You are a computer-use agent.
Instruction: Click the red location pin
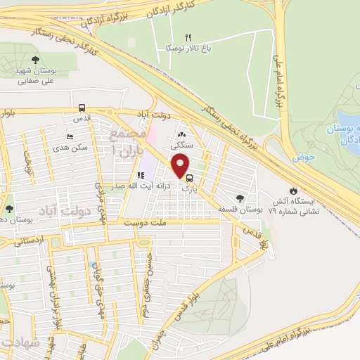point(181,166)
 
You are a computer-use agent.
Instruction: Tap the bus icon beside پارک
point(191,179)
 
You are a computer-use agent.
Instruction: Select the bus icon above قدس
point(82,108)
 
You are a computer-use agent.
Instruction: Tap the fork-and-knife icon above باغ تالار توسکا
point(188,37)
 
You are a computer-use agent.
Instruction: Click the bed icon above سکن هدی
point(69,136)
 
